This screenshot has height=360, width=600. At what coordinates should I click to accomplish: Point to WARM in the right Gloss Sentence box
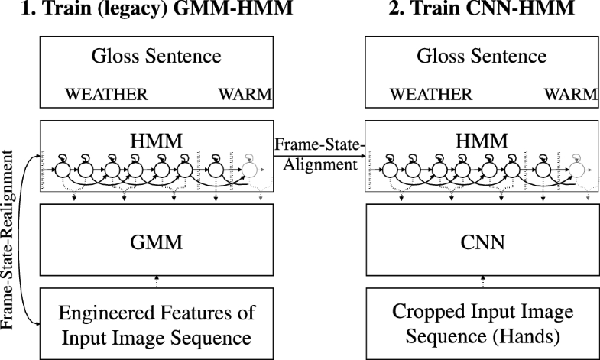(x=572, y=95)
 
